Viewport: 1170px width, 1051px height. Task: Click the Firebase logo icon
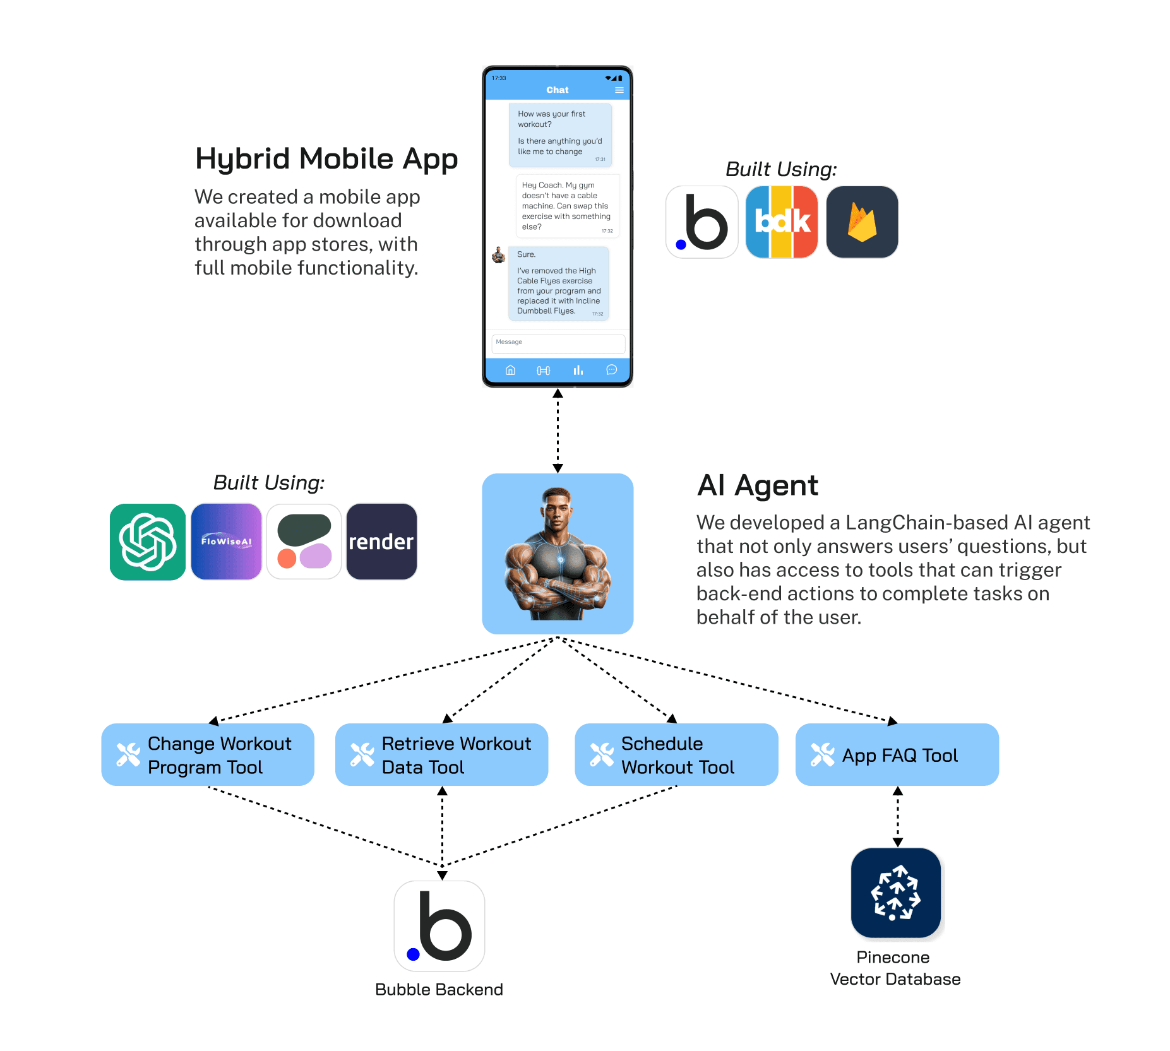[862, 222]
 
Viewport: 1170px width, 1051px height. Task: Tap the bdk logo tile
[782, 222]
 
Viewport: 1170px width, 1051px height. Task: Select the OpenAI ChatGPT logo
[148, 542]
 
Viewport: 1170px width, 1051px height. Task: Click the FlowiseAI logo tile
[226, 542]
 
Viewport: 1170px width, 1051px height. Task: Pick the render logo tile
[381, 542]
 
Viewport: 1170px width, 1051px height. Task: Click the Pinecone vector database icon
[895, 893]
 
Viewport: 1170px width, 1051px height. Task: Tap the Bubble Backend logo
[439, 925]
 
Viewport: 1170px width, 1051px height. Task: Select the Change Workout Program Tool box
[208, 754]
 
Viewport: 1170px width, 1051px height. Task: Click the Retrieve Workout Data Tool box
[441, 754]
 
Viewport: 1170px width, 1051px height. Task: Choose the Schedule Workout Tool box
[676, 754]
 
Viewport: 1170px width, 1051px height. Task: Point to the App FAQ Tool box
[897, 754]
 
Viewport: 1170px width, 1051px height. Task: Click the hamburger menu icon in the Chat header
[619, 90]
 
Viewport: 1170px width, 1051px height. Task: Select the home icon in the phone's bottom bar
[510, 371]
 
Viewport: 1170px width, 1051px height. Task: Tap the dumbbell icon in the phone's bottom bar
[543, 371]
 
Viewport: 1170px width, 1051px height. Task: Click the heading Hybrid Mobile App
[326, 158]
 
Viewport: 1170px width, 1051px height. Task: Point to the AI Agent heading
[757, 485]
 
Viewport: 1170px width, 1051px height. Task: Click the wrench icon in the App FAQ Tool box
[822, 754]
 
